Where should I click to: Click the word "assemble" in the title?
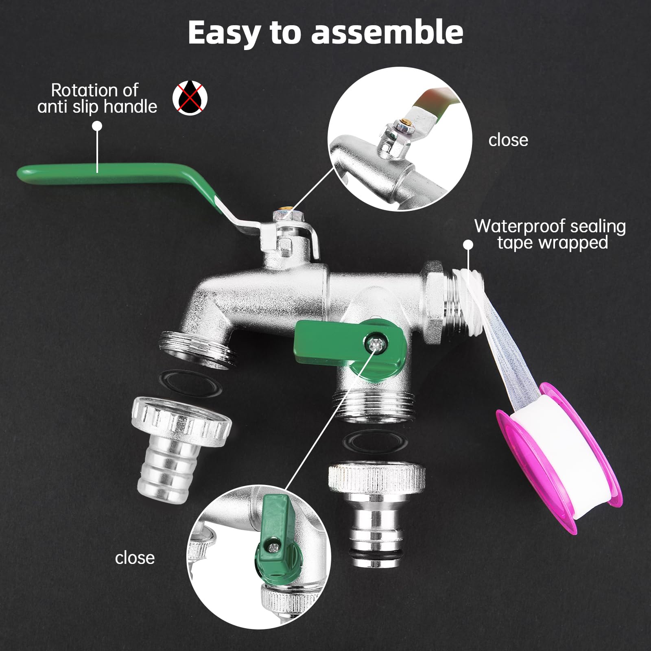pyautogui.click(x=387, y=33)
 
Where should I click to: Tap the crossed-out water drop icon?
pyautogui.click(x=190, y=98)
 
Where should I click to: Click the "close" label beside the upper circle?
pyautogui.click(x=508, y=140)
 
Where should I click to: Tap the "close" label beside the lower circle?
pyautogui.click(x=135, y=557)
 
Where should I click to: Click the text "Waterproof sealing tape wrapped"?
pyautogui.click(x=550, y=234)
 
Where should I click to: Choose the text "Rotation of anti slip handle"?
pyautogui.click(x=97, y=98)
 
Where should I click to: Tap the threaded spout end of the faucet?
pyautogui.click(x=195, y=348)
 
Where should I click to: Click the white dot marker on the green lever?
pyautogui.click(x=97, y=126)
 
